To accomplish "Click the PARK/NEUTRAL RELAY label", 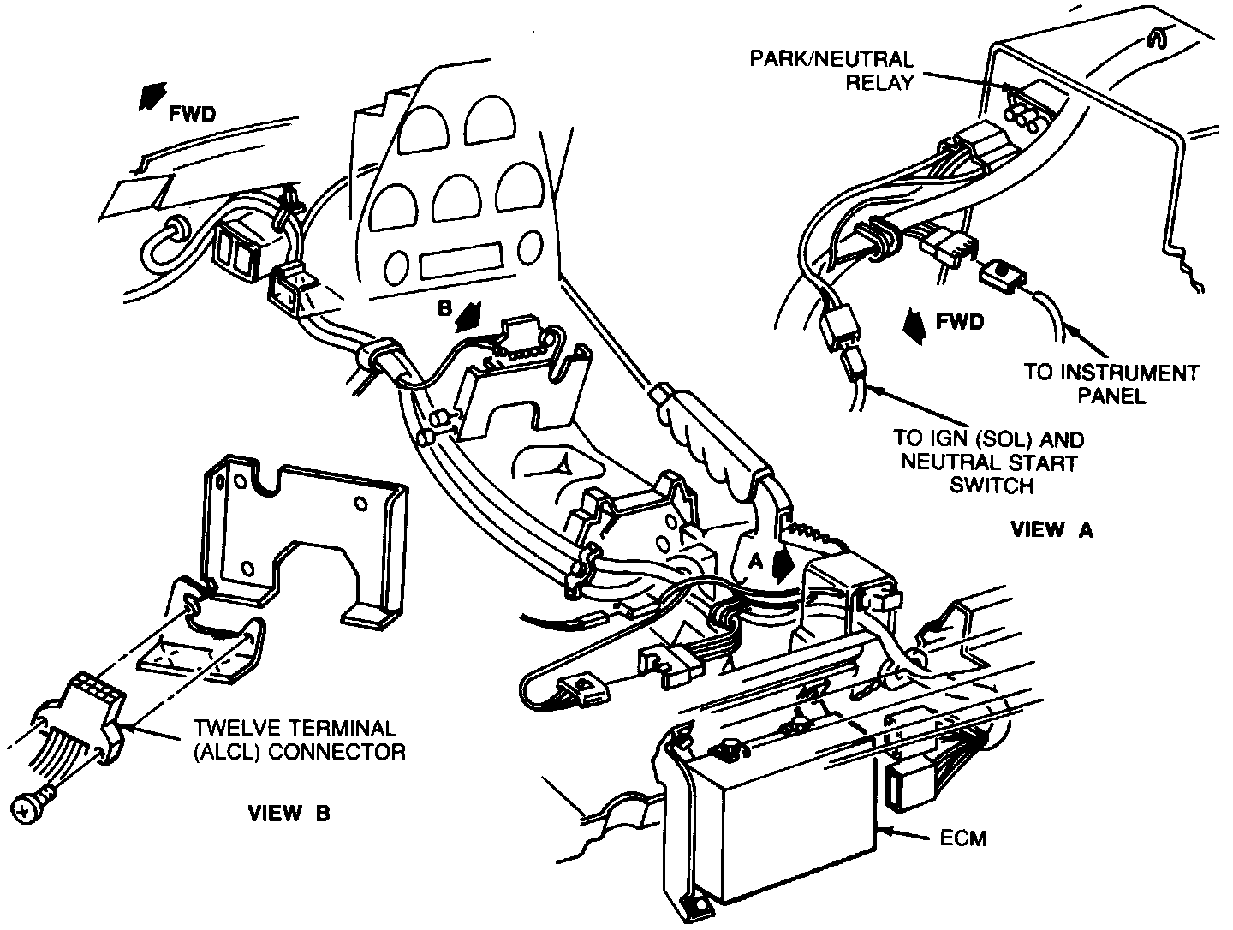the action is (x=832, y=71).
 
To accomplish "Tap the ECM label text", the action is (x=962, y=839).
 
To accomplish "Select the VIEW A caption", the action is (x=1052, y=529).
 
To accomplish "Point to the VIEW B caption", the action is (x=289, y=813).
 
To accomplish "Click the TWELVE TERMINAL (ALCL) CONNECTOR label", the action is (x=299, y=740).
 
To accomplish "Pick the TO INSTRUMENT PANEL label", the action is (x=1111, y=385).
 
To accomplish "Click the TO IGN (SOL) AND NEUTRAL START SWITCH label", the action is (x=989, y=462).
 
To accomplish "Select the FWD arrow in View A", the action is (x=914, y=326).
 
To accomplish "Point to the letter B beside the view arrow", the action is (x=445, y=307).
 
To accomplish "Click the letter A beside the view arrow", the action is (x=757, y=560).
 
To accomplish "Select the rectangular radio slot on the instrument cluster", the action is (x=461, y=259).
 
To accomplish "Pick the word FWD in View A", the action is (x=960, y=322).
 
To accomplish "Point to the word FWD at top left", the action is (x=192, y=115).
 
